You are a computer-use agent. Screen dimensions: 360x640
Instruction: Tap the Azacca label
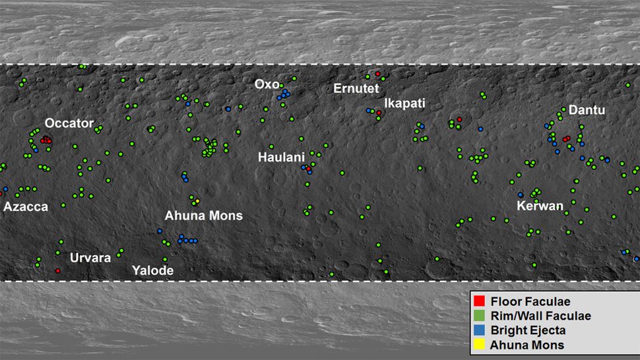pos(26,207)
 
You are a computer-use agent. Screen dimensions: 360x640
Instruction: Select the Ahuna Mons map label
pos(203,216)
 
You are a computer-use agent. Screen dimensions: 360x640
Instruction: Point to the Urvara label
pos(90,258)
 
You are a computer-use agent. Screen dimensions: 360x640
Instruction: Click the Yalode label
pos(152,271)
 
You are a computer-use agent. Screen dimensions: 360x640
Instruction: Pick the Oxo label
pos(267,84)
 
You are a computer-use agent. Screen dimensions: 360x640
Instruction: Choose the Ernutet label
pos(356,88)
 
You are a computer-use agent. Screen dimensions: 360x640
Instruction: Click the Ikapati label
pos(404,104)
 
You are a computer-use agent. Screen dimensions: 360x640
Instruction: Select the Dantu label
pos(587,110)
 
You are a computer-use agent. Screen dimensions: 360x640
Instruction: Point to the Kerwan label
pos(540,206)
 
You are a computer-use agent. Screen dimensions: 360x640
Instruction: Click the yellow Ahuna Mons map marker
pos(197,200)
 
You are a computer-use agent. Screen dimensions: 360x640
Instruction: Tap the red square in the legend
pos(480,302)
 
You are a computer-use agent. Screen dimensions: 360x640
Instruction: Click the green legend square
pos(480,316)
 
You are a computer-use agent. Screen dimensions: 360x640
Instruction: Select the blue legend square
pos(480,330)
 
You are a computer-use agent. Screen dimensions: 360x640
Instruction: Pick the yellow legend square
pos(480,345)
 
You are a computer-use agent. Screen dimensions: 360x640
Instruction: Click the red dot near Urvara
pos(58,271)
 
